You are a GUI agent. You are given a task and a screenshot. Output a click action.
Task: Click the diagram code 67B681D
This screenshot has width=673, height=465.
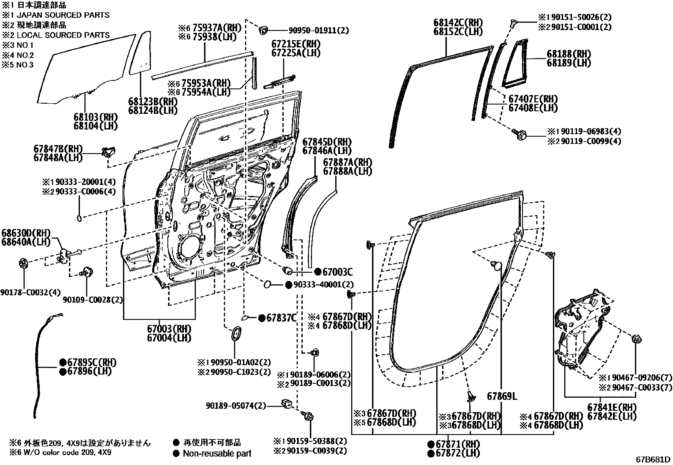[653, 459]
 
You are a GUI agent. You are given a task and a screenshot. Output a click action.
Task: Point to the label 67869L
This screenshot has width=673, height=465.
[502, 396]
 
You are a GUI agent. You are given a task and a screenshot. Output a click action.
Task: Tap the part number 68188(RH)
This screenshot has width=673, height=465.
[569, 54]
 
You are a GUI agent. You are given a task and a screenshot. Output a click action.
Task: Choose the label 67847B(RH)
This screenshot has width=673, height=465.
[58, 149]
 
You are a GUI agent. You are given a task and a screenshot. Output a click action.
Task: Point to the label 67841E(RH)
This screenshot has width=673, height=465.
[611, 407]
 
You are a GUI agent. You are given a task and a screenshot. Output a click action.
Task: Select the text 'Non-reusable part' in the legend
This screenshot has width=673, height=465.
[217, 454]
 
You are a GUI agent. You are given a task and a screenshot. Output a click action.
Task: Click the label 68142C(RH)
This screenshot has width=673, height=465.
[458, 22]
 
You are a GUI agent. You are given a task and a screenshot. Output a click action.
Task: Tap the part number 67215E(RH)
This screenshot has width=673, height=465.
[296, 44]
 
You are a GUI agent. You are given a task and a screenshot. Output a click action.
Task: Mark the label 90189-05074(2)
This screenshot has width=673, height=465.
[236, 406]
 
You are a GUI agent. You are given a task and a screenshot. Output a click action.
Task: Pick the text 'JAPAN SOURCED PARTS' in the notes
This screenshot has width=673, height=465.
[63, 15]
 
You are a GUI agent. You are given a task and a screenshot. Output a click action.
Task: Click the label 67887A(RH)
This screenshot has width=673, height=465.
[347, 162]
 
